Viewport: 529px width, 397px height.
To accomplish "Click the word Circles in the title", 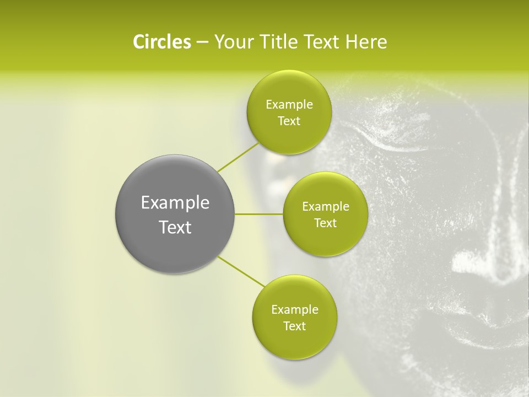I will pyautogui.click(x=161, y=42).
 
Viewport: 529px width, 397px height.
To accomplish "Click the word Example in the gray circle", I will pyautogui.click(x=175, y=203).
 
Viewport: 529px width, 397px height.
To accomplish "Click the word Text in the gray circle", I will pyautogui.click(x=175, y=227).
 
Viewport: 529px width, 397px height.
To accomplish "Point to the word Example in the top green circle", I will pyautogui.click(x=289, y=105).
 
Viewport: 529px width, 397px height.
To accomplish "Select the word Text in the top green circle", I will pyautogui.click(x=289, y=121).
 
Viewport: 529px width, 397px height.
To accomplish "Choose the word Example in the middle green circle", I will pyautogui.click(x=326, y=207).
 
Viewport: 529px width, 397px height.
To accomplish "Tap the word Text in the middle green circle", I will pyautogui.click(x=325, y=223).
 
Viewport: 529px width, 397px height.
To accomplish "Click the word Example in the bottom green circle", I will pyautogui.click(x=295, y=310).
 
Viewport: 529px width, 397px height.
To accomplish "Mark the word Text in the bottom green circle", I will pyautogui.click(x=294, y=326).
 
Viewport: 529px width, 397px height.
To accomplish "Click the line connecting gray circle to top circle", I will pyautogui.click(x=237, y=158).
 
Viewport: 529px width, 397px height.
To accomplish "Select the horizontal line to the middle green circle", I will pyautogui.click(x=259, y=214).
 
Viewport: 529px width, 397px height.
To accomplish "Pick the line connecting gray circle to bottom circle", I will pyautogui.click(x=241, y=271).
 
